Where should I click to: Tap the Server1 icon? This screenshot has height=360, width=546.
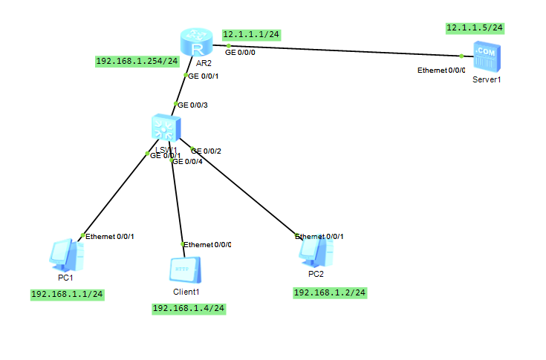pos(487,58)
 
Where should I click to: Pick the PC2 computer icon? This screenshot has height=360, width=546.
pos(314,252)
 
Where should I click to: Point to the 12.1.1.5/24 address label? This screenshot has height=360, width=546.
pos(475,28)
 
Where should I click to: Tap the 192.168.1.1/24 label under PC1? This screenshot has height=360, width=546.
pos(67,294)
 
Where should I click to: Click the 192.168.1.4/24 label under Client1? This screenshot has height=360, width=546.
pos(188,309)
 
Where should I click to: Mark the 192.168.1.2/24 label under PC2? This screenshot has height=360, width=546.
pos(330,292)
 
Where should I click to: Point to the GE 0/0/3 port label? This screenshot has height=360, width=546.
pos(192,105)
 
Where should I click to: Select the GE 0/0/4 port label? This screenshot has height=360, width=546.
pos(186,161)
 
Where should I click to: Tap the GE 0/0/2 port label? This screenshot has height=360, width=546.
pos(206,151)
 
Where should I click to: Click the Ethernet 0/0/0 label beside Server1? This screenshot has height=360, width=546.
pos(441,71)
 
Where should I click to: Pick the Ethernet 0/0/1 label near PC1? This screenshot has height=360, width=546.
pos(109,236)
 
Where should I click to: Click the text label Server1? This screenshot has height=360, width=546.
pos(487,79)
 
